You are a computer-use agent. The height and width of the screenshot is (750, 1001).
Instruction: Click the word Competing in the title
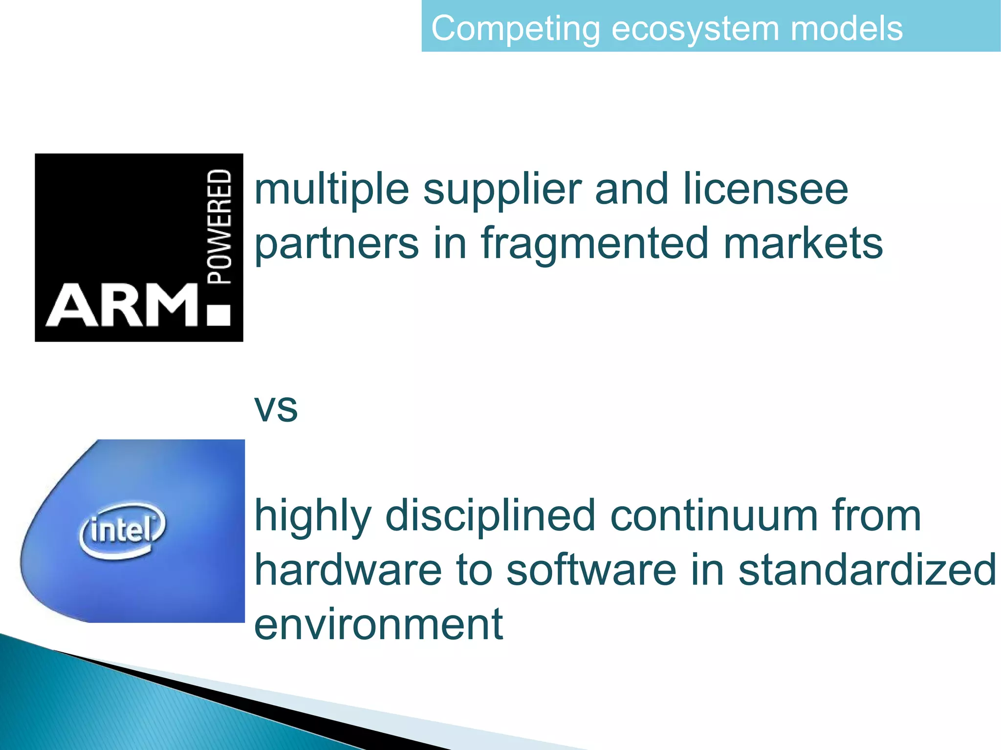pyautogui.click(x=516, y=28)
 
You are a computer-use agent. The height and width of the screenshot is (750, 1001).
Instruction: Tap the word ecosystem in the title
pyautogui.click(x=696, y=28)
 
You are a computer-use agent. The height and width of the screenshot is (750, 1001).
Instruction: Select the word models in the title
pyautogui.click(x=846, y=28)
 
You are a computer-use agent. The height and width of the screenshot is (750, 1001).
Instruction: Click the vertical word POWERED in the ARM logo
pyautogui.click(x=219, y=227)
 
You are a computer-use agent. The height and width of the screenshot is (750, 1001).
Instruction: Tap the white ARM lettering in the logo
pyautogui.click(x=122, y=306)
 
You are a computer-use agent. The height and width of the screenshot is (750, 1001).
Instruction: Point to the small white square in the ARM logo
pyautogui.click(x=218, y=316)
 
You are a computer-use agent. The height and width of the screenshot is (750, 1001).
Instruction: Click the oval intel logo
pyautogui.click(x=122, y=530)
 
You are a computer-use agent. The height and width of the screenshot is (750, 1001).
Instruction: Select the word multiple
pyautogui.click(x=332, y=190)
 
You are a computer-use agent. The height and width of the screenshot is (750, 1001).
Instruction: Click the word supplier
pyautogui.click(x=502, y=190)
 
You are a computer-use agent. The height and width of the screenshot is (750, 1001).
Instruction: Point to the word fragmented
pyautogui.click(x=594, y=243)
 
